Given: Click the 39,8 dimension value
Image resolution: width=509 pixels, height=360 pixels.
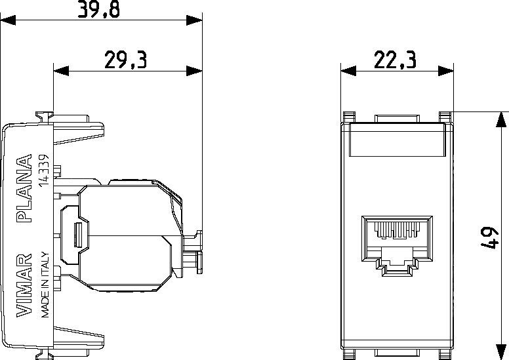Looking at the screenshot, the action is pyautogui.click(x=98, y=9).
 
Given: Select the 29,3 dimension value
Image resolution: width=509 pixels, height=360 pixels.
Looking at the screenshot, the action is pyautogui.click(x=126, y=60).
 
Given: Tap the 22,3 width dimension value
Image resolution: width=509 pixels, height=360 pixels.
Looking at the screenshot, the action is pyautogui.click(x=395, y=60).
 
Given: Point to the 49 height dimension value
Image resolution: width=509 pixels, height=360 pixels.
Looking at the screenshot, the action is pyautogui.click(x=489, y=238).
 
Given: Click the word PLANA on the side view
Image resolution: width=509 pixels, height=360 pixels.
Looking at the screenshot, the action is pyautogui.click(x=24, y=188).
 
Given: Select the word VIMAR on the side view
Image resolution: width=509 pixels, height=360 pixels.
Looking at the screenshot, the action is pyautogui.click(x=24, y=285).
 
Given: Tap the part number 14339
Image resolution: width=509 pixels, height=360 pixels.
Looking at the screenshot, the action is pyautogui.click(x=44, y=170).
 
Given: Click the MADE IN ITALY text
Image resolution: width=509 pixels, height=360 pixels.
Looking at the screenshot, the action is pyautogui.click(x=45, y=285).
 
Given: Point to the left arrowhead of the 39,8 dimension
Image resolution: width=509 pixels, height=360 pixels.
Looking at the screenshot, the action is pyautogui.click(x=8, y=20).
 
